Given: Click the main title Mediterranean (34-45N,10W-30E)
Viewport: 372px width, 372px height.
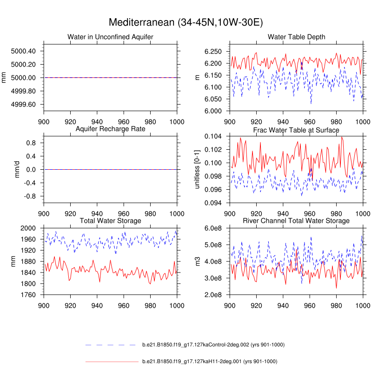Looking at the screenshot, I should (186, 22).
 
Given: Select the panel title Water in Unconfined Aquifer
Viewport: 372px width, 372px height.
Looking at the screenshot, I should (110, 37).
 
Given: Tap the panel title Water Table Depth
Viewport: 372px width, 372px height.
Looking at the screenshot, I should (296, 37).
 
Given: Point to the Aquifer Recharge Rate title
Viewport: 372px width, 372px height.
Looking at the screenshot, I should (110, 128).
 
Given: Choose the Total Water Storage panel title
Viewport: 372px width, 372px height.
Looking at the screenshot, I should (110, 220).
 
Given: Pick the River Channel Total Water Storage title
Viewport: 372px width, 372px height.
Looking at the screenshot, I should (296, 220).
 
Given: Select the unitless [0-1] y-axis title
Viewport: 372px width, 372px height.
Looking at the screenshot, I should (197, 169).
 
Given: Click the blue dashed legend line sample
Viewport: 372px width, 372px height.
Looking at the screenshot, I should (110, 345).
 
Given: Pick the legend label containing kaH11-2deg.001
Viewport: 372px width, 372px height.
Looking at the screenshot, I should (209, 361).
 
